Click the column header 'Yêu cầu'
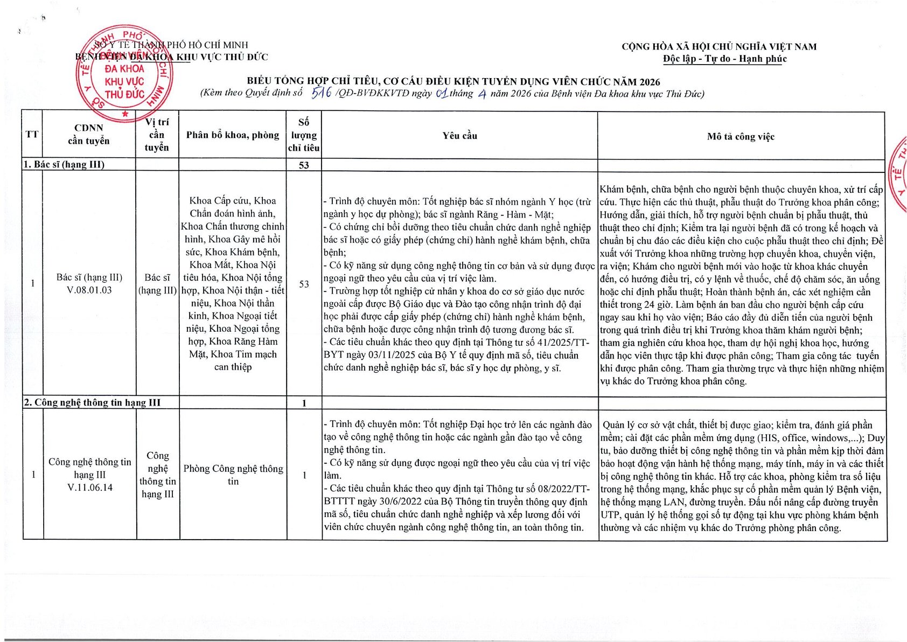459,136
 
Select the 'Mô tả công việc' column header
741,136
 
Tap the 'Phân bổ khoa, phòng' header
233,135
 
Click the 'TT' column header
32,134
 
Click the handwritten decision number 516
322,93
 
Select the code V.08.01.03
89,290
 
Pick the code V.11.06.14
90,488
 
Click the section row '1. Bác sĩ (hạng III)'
64,164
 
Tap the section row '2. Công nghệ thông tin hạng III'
92,402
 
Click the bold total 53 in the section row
304,165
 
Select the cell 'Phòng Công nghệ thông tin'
233,474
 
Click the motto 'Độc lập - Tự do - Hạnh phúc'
724,59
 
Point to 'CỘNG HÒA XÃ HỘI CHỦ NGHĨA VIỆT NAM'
719,47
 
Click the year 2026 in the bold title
650,82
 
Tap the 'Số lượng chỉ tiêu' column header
304,135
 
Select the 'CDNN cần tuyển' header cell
89,135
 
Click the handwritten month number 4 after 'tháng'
482,93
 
